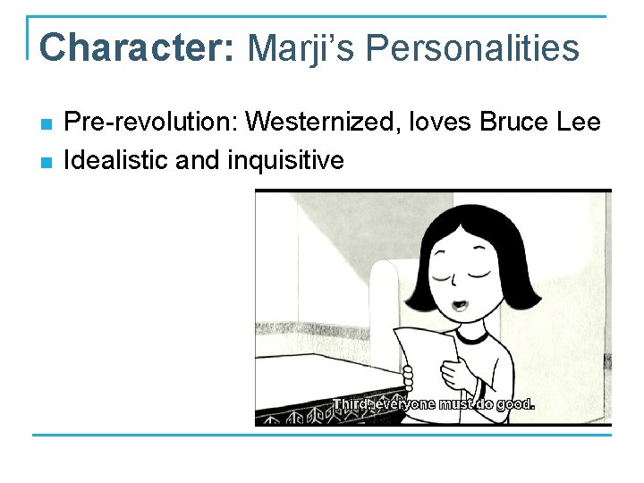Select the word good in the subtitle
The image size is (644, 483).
pos(513,403)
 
